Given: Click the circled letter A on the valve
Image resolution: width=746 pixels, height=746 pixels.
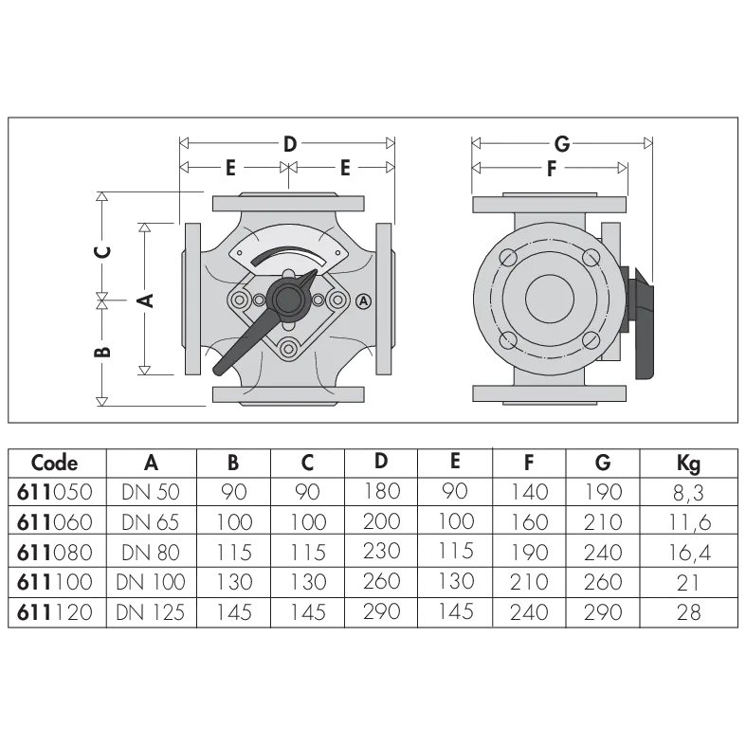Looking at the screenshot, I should click(x=363, y=300).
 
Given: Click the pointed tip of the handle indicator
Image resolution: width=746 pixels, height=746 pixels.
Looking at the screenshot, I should click(x=313, y=273).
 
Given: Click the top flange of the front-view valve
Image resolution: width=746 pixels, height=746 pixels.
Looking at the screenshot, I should click(x=288, y=203).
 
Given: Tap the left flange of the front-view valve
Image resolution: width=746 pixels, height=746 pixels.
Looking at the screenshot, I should click(x=192, y=300).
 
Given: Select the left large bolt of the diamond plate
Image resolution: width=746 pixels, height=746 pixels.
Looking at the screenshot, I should click(x=238, y=300).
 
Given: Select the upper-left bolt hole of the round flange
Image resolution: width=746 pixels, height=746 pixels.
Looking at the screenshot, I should click(x=508, y=258).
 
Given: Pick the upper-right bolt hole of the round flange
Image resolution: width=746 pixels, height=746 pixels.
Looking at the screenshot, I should click(x=591, y=258).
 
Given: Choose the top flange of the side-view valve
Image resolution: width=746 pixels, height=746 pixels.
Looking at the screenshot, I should click(x=550, y=203).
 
